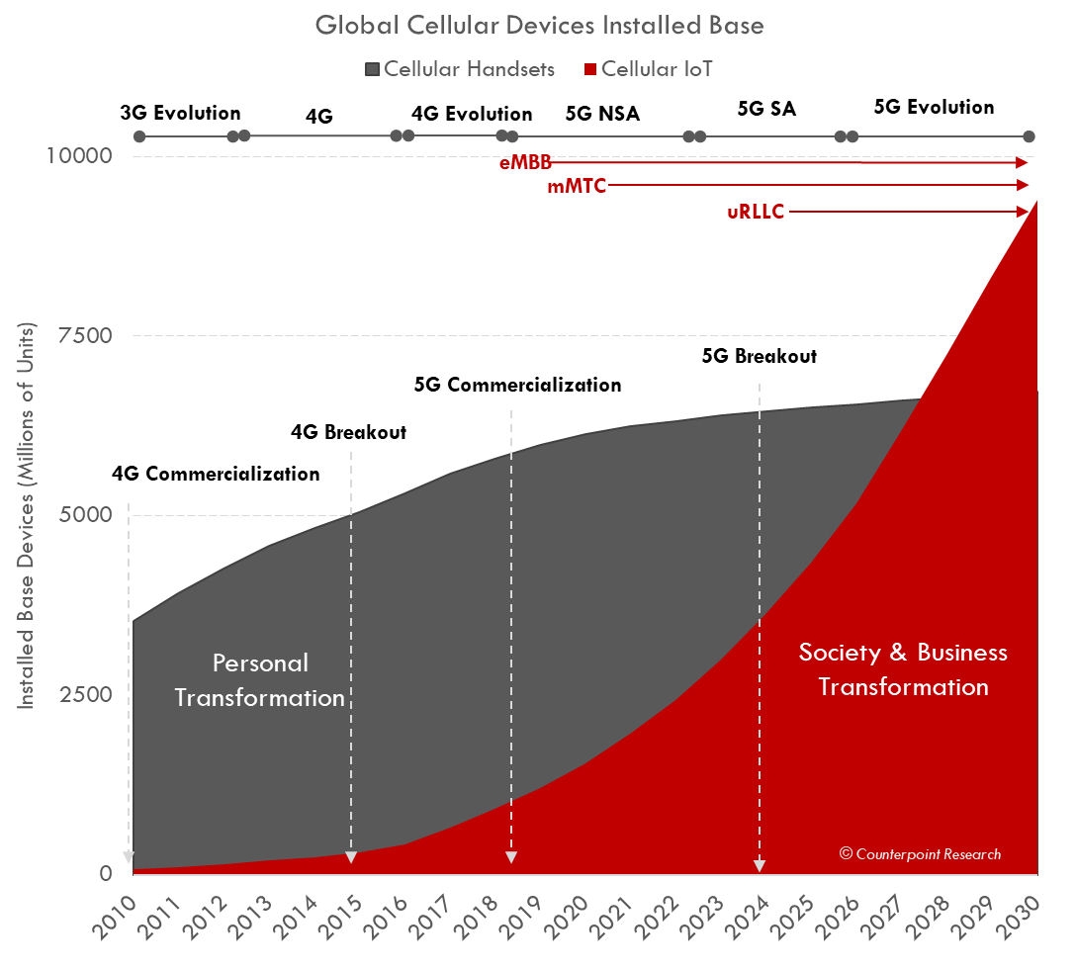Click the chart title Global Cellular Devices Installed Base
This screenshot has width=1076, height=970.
point(539,25)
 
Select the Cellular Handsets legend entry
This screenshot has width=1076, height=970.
point(460,69)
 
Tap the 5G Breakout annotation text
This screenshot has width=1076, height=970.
point(759,357)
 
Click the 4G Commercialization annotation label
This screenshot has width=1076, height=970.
point(216,474)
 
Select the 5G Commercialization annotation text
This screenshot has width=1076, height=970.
point(517,385)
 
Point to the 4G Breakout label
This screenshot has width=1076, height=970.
point(348,432)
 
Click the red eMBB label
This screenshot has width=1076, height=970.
point(525,163)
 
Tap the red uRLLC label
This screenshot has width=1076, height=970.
point(756,212)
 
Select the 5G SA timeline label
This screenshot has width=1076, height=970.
point(766,109)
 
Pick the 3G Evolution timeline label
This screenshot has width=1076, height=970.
point(180,113)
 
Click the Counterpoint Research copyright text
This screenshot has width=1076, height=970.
point(920,853)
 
